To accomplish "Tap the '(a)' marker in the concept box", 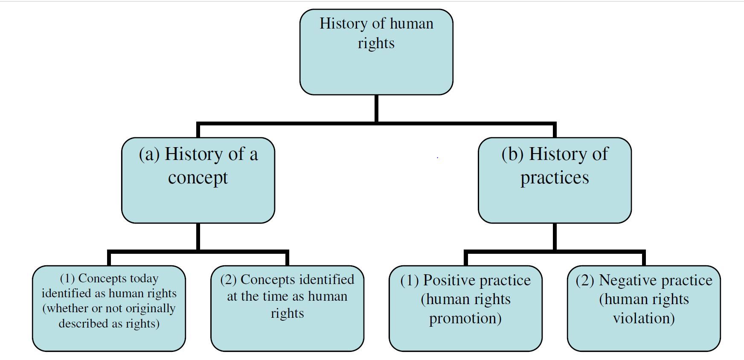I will pyautogui.click(x=149, y=154).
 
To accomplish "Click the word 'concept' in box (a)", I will pyautogui.click(x=198, y=178).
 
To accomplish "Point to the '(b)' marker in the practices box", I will pyautogui.click(x=512, y=154).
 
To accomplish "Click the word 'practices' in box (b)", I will pyautogui.click(x=555, y=178).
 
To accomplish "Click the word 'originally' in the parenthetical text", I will pyautogui.click(x=151, y=308).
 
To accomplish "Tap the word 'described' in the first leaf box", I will pyautogui.click(x=78, y=323).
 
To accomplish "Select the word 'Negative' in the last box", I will pyautogui.click(x=624, y=280).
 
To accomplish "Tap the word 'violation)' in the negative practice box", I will pyautogui.click(x=644, y=318).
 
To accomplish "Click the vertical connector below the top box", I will pyautogui.click(x=376, y=109).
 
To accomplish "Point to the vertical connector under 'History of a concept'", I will pyautogui.click(x=198, y=237).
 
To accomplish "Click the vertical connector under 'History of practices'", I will pyautogui.click(x=555, y=237).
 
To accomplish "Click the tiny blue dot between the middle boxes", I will pyautogui.click(x=438, y=157).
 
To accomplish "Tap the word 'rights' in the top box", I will pyautogui.click(x=376, y=43).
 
